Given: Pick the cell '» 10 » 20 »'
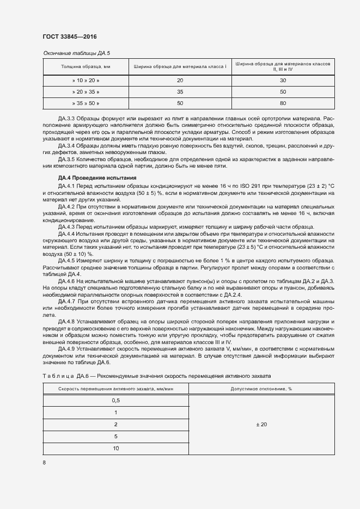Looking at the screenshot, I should (x=86, y=80).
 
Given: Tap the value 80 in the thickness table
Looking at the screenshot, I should (x=283, y=102).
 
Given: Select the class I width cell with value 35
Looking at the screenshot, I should (x=180, y=91).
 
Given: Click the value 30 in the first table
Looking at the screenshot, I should (x=283, y=80).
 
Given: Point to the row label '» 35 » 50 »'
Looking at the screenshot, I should (x=86, y=102).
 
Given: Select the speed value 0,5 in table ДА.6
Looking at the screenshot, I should (x=115, y=400).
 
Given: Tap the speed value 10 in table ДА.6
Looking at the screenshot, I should (x=115, y=448).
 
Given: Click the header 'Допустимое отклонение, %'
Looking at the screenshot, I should (x=261, y=389).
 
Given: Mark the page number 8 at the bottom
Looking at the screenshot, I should (x=44, y=463).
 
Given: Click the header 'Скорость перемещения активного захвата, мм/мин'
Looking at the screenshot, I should (x=115, y=389).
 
